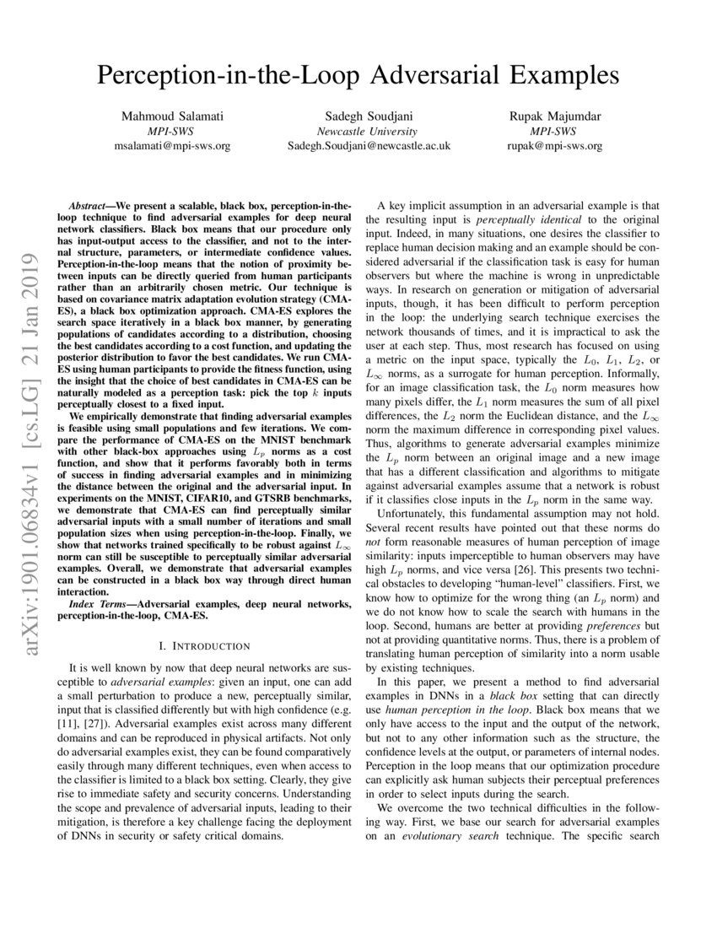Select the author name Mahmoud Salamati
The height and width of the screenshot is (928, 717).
[x=171, y=116]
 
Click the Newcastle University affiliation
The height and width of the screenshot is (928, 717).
[x=367, y=131]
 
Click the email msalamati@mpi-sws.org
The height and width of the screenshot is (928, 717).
[x=171, y=145]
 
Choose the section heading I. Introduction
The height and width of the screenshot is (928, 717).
[x=204, y=646]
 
